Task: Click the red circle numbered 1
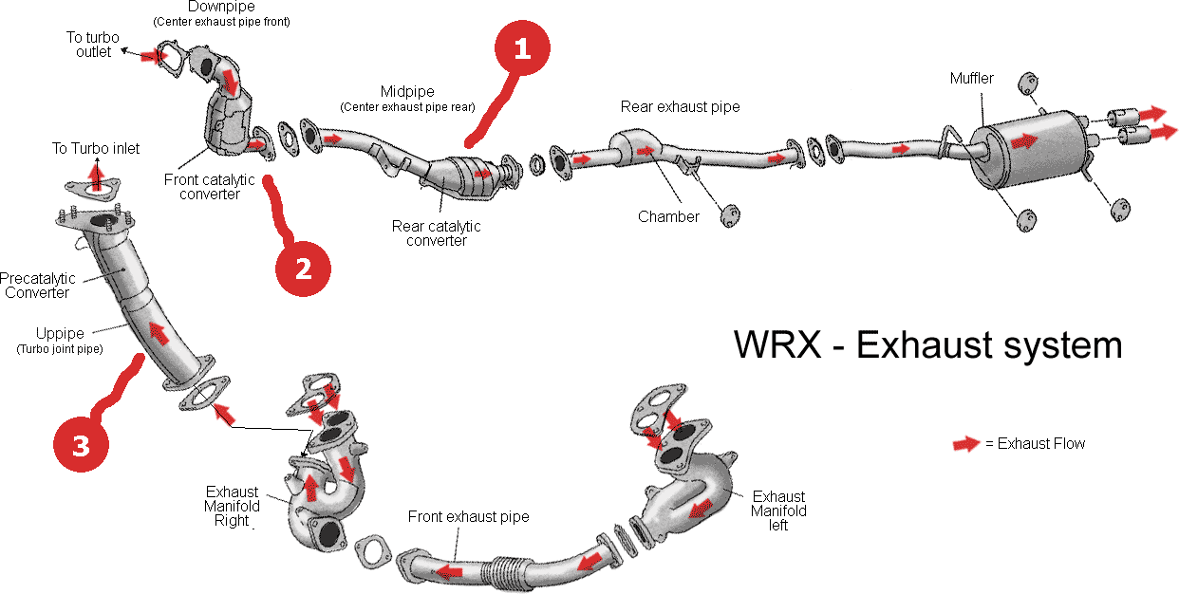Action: [x=521, y=50]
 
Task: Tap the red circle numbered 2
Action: [x=303, y=269]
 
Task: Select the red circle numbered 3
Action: [x=81, y=445]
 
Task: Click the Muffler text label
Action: [x=972, y=79]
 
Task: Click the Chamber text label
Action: [x=668, y=216]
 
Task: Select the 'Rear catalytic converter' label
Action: [x=437, y=233]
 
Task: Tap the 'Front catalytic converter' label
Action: [x=210, y=186]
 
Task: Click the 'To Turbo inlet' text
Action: [x=96, y=148]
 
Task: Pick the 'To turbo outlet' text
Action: [x=92, y=45]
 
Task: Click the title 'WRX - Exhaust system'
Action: [x=927, y=344]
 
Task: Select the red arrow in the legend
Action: [x=966, y=444]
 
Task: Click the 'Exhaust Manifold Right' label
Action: [x=232, y=506]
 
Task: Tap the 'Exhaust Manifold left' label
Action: [x=778, y=510]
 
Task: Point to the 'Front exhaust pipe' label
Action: [x=468, y=517]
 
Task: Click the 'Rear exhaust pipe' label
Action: [x=680, y=107]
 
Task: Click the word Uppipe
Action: [x=60, y=334]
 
